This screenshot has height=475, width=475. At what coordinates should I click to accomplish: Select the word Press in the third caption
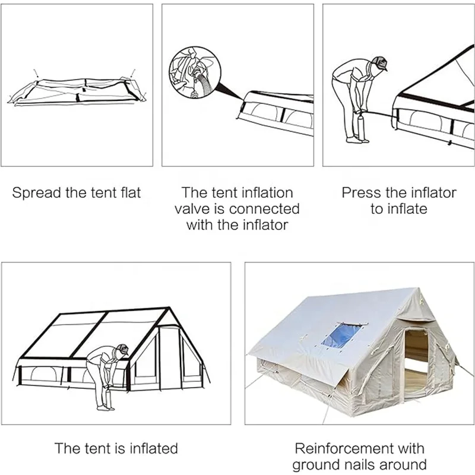point(360,193)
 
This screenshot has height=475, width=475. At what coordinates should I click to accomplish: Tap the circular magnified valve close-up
point(194,74)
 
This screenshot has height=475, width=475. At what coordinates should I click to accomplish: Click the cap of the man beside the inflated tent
point(122,349)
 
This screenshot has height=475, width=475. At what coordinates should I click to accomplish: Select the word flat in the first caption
point(130,193)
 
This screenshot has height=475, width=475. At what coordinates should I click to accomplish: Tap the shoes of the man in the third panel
point(354,140)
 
